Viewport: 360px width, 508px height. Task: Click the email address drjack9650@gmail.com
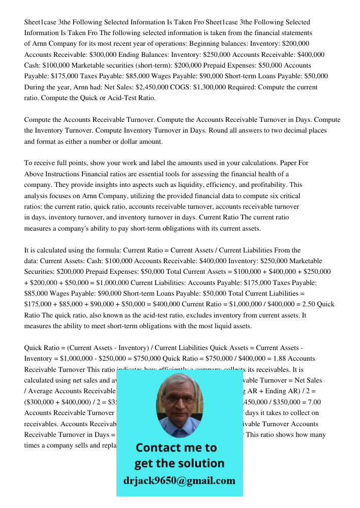(x=179, y=481)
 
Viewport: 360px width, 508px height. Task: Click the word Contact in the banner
(x=161, y=448)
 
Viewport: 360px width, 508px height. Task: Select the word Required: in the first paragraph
(x=301, y=87)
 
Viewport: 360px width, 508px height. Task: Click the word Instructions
(x=65, y=174)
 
